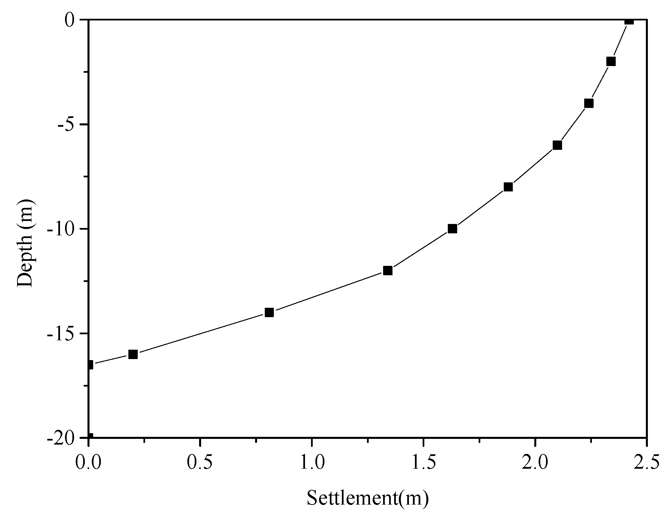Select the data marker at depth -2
611,62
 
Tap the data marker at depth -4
589,103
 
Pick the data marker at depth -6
557,145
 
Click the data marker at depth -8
508,187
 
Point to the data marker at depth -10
452,229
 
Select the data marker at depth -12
388,271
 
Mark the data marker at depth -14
269,312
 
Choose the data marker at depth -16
133,354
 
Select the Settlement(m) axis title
368,498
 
